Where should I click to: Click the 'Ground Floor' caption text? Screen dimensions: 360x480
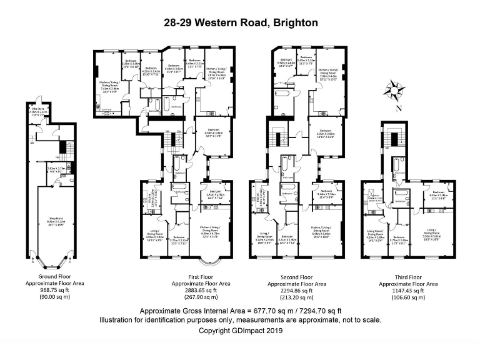coord(53,276)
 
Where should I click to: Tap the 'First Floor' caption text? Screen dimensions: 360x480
coord(201,276)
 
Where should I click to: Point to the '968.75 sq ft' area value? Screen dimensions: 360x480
coord(53,291)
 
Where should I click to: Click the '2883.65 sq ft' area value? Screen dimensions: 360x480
coord(201,291)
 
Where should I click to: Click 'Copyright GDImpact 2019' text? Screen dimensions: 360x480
coord(241,331)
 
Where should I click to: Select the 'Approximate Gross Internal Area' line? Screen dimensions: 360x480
coord(241,311)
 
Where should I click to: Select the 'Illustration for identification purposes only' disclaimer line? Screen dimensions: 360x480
coord(241,320)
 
